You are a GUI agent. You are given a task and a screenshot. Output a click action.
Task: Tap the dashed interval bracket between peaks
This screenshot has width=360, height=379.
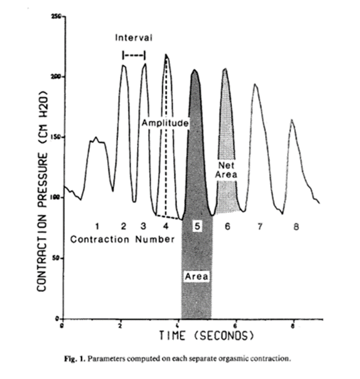pos(133,54)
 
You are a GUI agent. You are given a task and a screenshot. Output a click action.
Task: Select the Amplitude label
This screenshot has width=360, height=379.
pos(165,124)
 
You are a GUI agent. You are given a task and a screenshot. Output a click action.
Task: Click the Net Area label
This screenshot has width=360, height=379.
pos(226,170)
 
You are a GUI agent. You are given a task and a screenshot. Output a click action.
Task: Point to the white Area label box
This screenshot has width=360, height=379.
pos(196,277)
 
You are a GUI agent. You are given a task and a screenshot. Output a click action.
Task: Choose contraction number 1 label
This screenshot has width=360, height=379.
pos(97,226)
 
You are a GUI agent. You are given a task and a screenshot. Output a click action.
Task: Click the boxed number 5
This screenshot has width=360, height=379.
pos(197,226)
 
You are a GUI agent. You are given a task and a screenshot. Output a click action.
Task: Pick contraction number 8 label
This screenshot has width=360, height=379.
pos(295,226)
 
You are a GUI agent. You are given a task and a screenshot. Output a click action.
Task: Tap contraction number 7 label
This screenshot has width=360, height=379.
pos(259,226)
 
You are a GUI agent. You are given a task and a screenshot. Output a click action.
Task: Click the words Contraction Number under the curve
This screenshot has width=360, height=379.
pos(122,239)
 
